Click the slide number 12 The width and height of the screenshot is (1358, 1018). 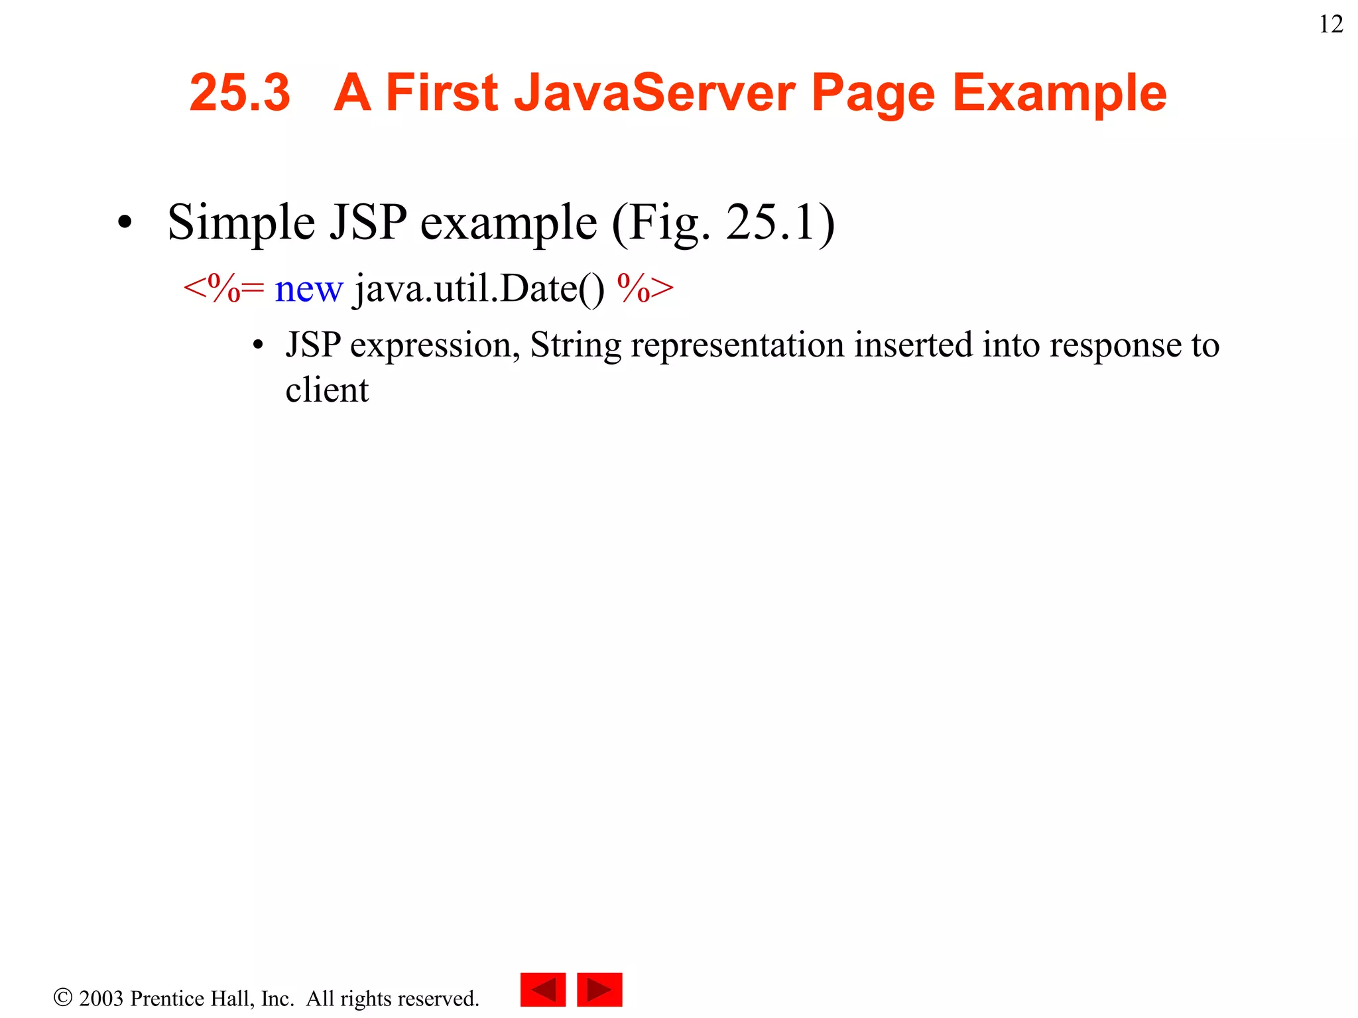[1331, 25]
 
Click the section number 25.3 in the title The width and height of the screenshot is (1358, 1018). [239, 93]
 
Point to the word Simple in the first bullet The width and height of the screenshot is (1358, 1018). [241, 223]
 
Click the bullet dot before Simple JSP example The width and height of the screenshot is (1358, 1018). [125, 223]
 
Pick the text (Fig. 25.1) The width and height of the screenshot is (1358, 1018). [723, 223]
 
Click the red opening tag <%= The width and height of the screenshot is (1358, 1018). [223, 288]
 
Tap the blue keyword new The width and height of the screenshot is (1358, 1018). [308, 290]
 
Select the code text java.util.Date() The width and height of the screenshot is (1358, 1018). [479, 290]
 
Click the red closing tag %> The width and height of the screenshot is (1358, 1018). [645, 288]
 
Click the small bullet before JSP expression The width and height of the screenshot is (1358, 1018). [259, 346]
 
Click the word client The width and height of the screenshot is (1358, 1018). [326, 390]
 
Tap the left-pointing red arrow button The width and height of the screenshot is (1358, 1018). [542, 990]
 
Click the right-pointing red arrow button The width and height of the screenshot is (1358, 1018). [599, 990]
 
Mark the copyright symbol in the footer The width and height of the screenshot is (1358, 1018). [62, 997]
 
